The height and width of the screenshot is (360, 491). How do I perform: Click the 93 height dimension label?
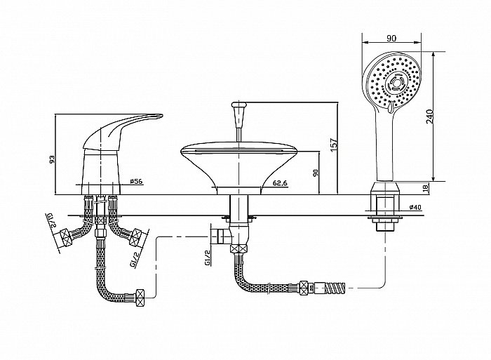[53, 159]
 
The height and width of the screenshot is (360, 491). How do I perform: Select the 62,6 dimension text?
[280, 183]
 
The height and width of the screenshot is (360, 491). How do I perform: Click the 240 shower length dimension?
[429, 116]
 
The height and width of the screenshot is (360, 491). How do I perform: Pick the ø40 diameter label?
[415, 207]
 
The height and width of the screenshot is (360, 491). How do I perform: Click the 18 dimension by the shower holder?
[425, 188]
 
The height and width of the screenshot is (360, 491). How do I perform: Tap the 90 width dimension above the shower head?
[391, 38]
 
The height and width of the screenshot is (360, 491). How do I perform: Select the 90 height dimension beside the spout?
[316, 173]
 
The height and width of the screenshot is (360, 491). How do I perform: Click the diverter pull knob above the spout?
[239, 114]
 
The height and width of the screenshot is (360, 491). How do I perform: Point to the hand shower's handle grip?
[386, 147]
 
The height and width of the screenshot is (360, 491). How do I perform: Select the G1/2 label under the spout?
[208, 258]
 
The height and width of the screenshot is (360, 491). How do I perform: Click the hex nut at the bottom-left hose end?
[140, 295]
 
